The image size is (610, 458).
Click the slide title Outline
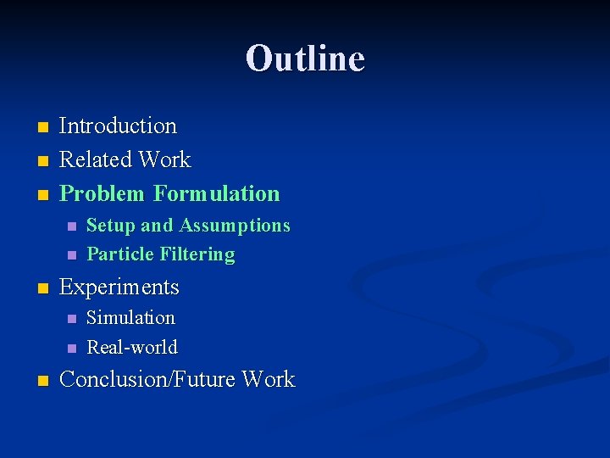pos(305,59)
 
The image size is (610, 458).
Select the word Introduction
pos(118,126)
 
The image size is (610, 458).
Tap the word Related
pos(96,160)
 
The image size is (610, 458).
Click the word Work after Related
pos(165,160)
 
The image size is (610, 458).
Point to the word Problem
pos(103,194)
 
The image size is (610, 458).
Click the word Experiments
pos(119,288)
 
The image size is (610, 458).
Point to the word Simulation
pos(130,318)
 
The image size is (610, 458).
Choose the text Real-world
pos(132,347)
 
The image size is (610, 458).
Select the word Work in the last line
pos(268,379)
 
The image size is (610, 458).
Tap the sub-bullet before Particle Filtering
pos(71,255)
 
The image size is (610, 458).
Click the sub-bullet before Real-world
pos(71,348)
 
